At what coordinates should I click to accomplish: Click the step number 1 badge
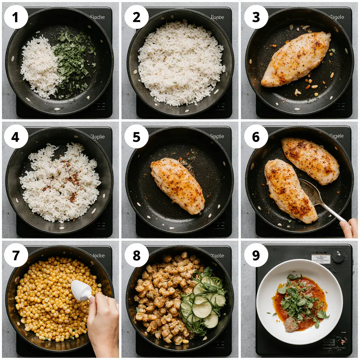[16, 17]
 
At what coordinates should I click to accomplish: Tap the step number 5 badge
[136, 136]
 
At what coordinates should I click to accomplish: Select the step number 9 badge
[256, 255]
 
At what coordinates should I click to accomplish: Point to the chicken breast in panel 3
[296, 59]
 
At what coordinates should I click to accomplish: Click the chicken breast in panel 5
[178, 185]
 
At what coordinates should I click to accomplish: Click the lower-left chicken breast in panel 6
[290, 190]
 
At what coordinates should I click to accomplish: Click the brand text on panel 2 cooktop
[217, 17]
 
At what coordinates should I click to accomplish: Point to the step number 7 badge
[16, 255]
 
